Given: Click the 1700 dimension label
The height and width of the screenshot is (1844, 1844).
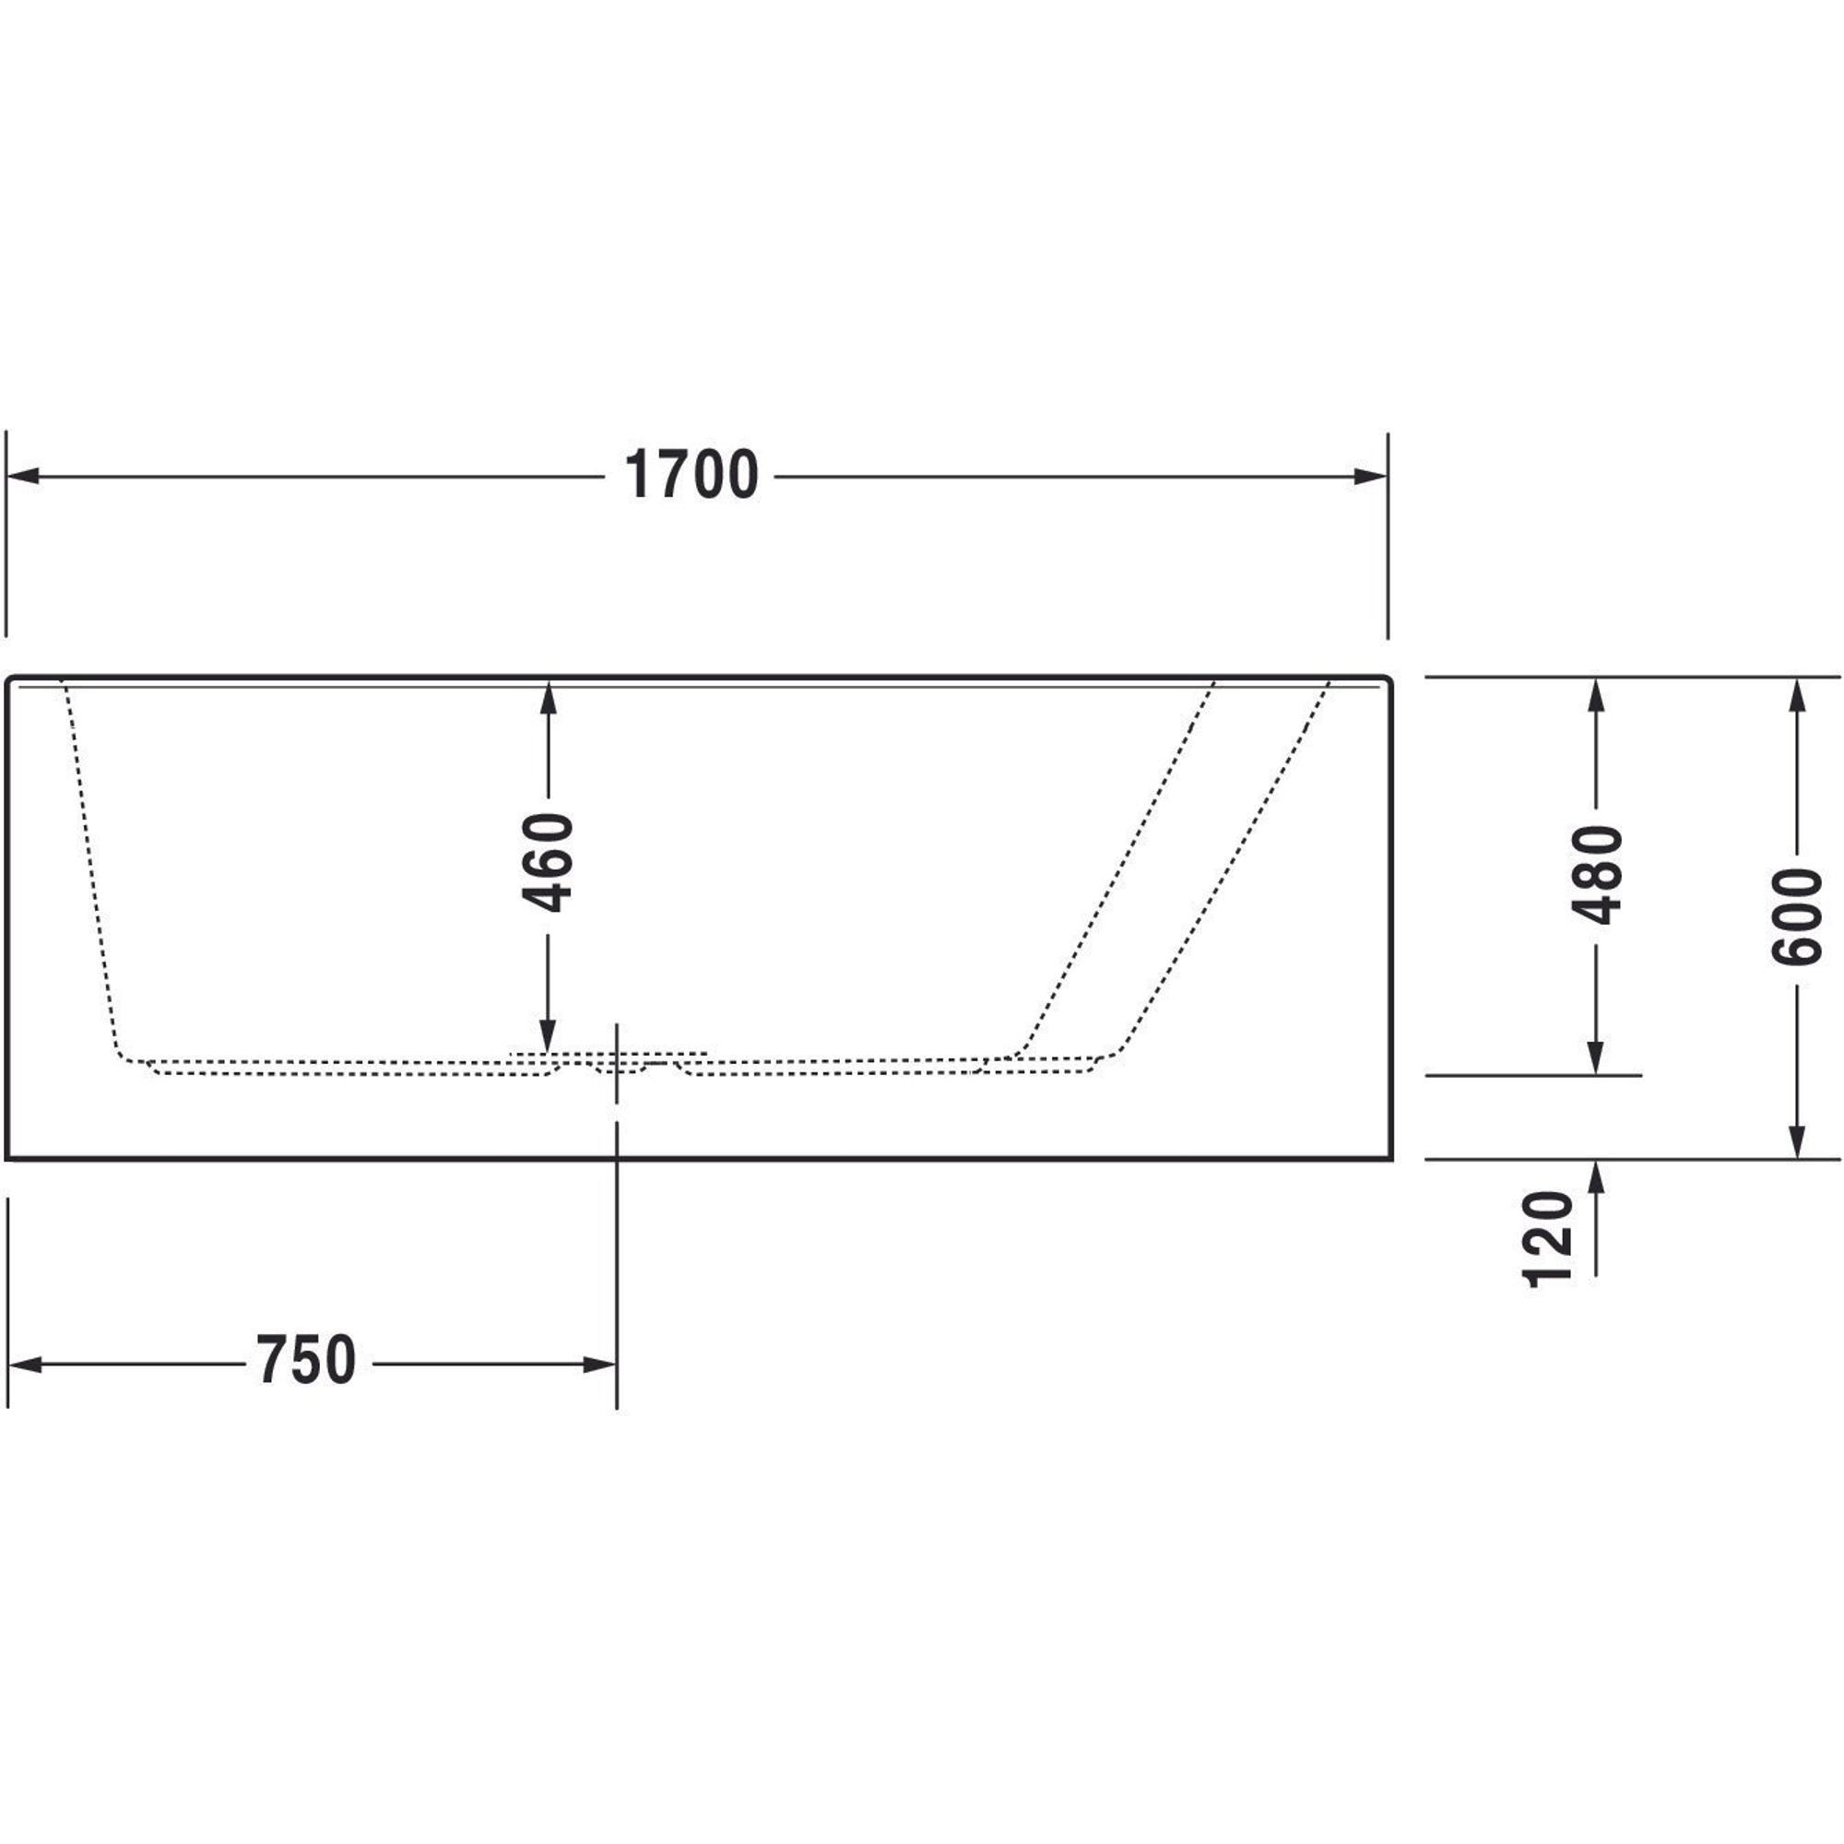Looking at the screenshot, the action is coord(691,476).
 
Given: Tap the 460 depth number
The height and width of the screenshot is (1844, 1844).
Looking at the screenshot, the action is coord(548,862).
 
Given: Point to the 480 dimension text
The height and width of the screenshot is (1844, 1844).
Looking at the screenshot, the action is coord(1597,875).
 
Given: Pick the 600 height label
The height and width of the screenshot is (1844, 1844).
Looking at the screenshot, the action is coord(1796,916).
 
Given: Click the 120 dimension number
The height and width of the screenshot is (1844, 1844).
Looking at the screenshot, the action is coord(1547,1239).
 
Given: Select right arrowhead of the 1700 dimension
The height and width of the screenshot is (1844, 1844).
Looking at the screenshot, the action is coord(1371,476).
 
